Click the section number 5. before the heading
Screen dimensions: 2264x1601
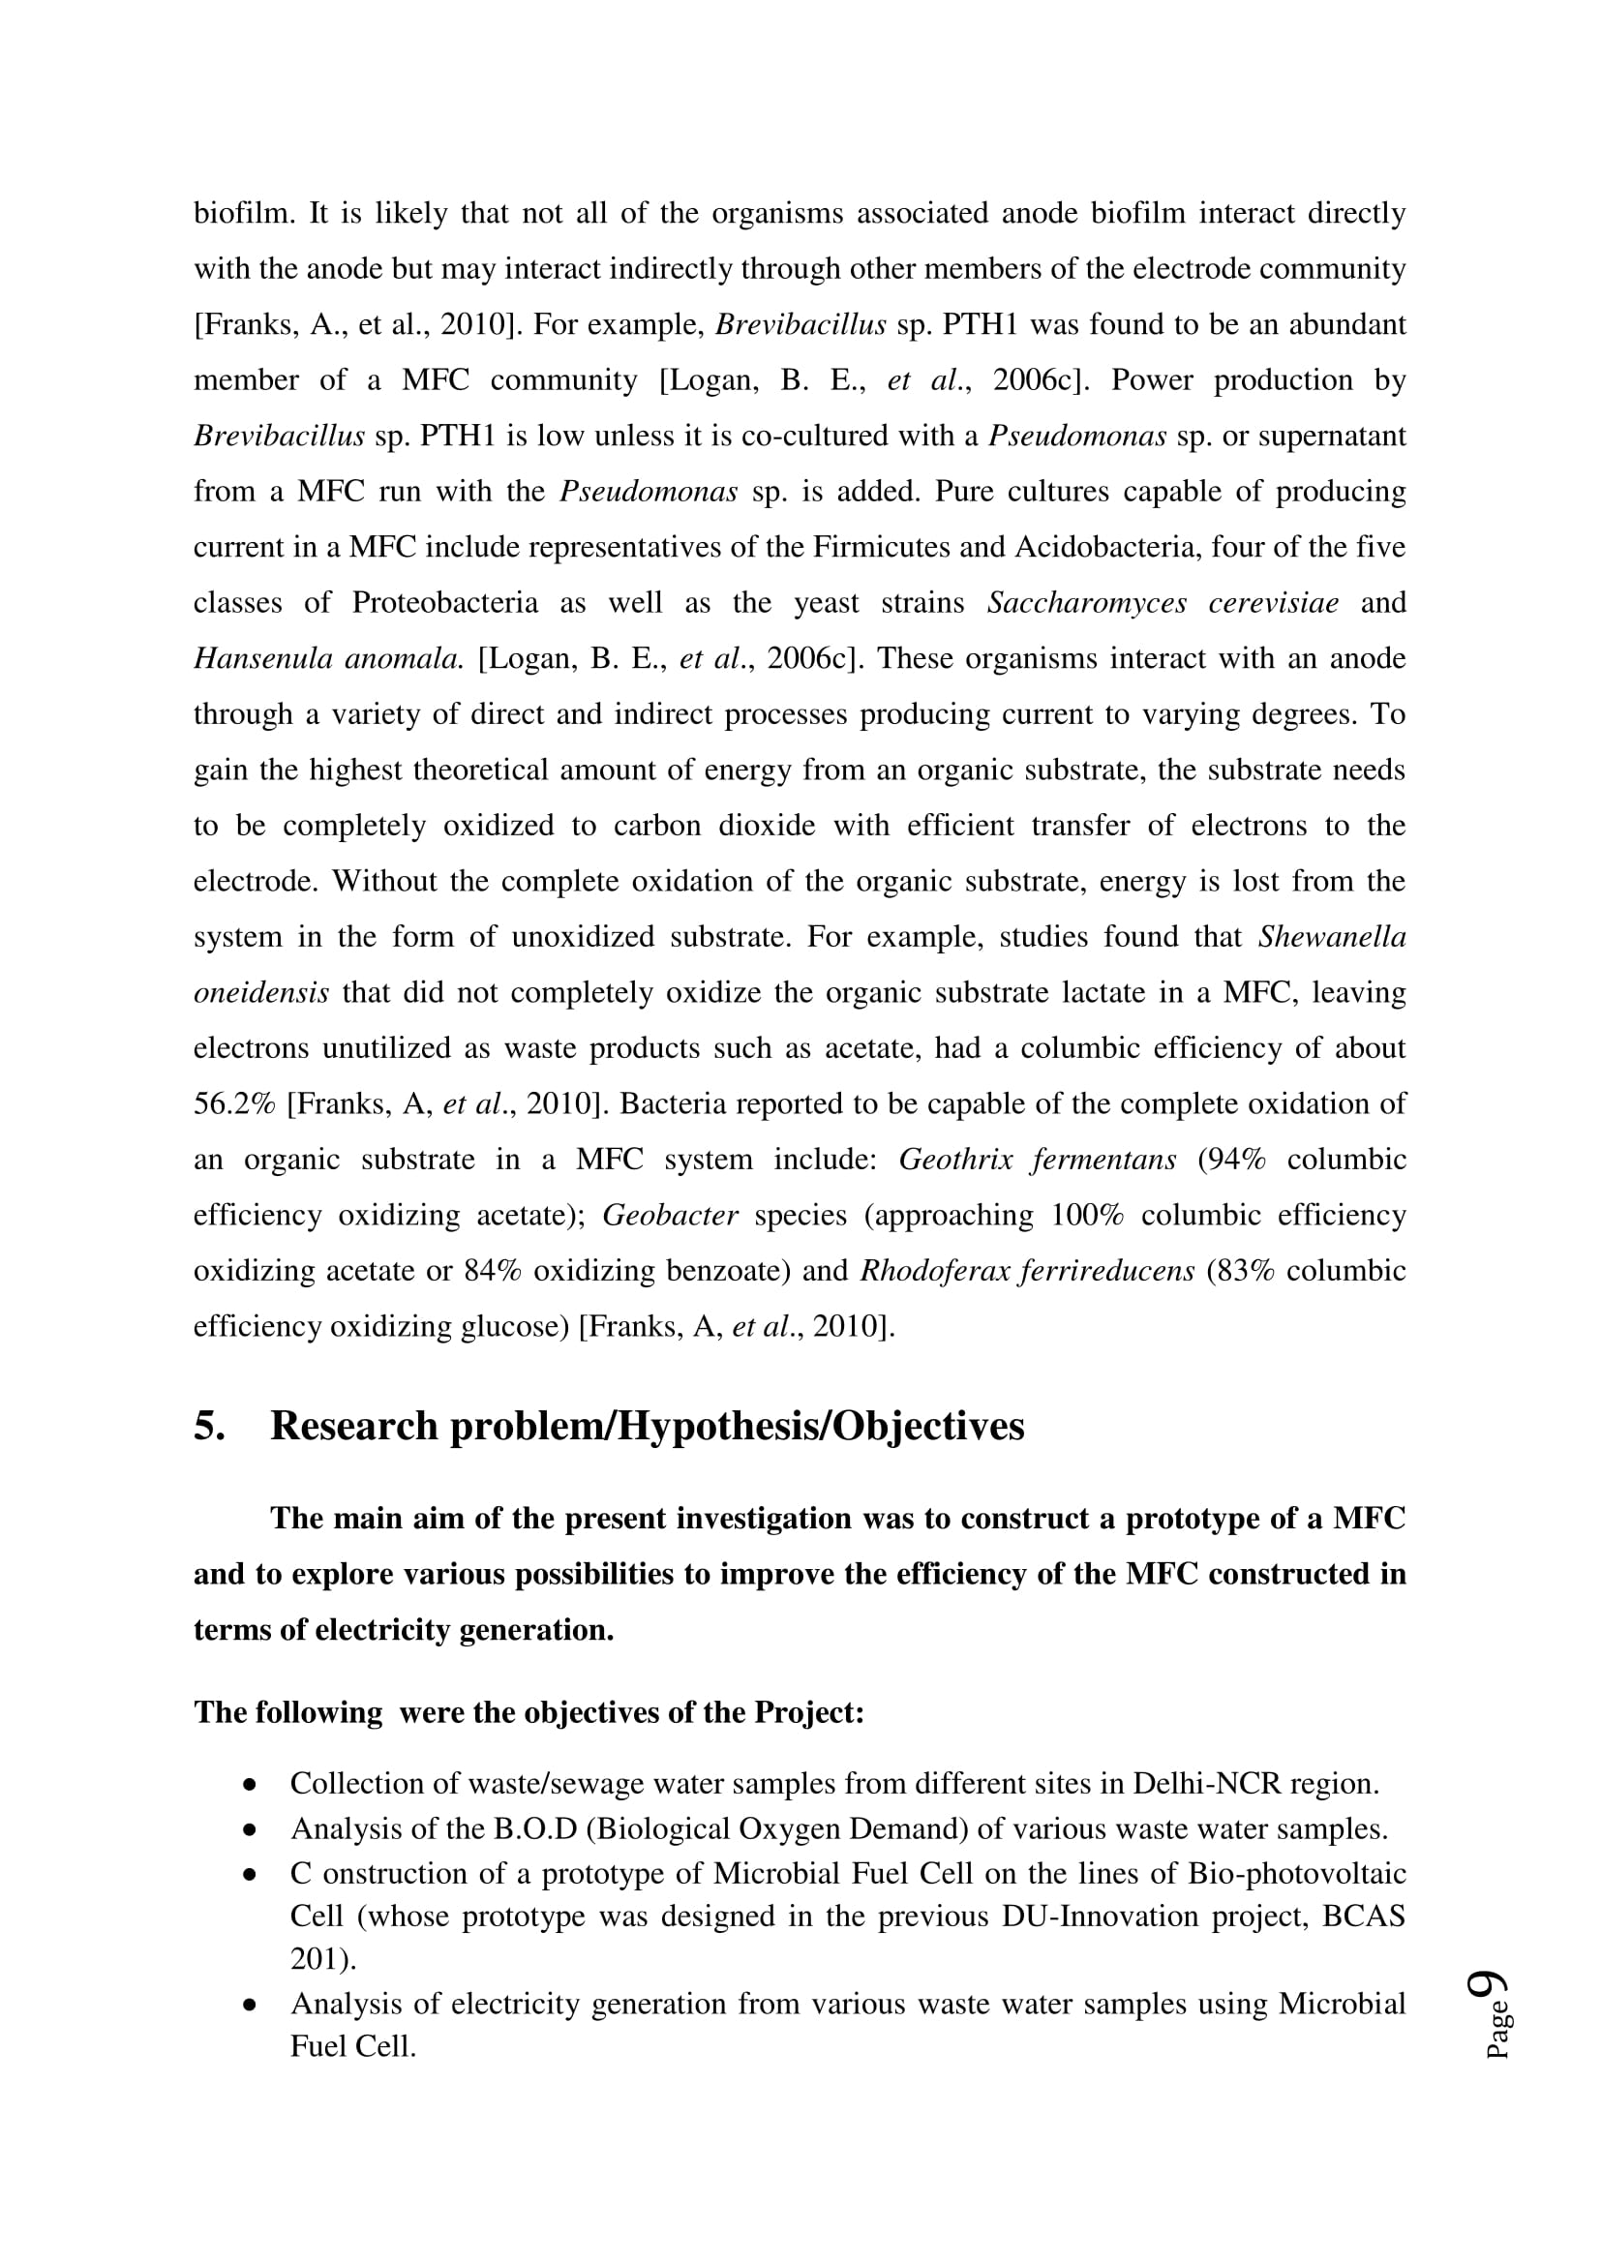[209, 1426]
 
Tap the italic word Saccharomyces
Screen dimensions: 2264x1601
[1086, 602]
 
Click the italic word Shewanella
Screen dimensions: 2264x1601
[1331, 936]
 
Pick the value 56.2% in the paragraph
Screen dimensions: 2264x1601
[233, 1103]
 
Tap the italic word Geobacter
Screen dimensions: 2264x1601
[670, 1215]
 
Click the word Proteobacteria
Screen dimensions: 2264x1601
[444, 602]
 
